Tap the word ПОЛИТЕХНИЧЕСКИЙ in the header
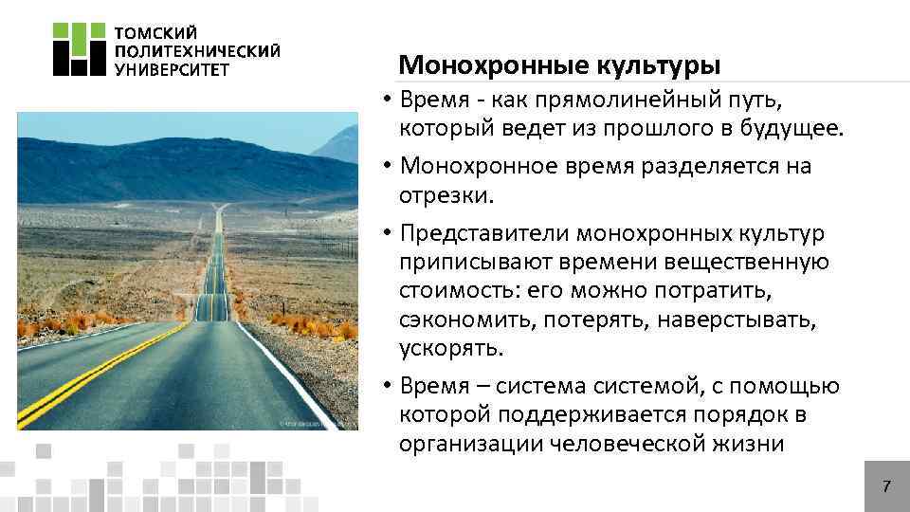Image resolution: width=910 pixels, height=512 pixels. pos(197,49)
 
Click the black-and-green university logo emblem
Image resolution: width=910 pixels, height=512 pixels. pos(78,48)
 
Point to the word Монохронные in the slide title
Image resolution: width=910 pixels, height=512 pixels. pos(492,65)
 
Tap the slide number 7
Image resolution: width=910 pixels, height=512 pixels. pos(886,487)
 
